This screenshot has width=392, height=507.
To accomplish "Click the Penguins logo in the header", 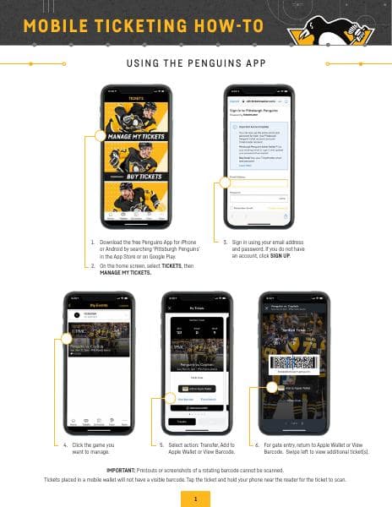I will (335, 29).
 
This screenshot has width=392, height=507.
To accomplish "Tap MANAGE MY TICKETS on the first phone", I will (136, 134).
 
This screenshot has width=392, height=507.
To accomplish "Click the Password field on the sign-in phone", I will (259, 198).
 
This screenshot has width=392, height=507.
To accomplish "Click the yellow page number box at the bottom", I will (195, 499).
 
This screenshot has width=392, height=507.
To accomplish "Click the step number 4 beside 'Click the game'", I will (65, 444).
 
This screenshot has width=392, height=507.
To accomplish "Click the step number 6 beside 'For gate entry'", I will (256, 444).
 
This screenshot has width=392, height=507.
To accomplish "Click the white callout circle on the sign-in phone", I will (226, 182).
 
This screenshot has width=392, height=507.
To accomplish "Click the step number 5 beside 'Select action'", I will (161, 444).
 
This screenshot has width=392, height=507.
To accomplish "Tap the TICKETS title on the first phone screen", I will (136, 99).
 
